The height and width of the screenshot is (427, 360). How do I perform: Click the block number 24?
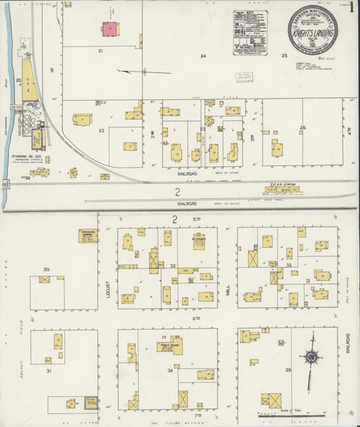pyautogui.click(x=204, y=56)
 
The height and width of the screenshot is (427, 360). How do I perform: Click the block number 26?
pyautogui.click(x=303, y=127)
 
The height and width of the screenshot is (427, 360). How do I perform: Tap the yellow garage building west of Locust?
pyautogui.click(x=89, y=235)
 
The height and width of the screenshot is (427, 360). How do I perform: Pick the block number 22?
pyautogui.click(x=102, y=130)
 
